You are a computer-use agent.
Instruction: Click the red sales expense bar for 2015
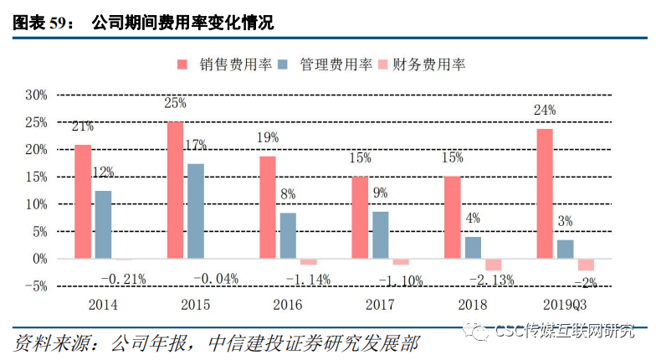coord(175,190)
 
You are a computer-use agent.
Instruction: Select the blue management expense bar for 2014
coord(104,224)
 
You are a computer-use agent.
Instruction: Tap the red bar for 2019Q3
coord(545,193)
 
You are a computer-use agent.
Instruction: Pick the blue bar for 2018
coord(474,248)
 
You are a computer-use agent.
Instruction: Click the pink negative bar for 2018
coord(494,265)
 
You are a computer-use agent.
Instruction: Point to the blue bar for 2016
coord(288,236)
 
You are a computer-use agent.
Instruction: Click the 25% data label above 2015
coord(175,103)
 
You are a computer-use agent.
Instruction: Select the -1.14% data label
coord(308,280)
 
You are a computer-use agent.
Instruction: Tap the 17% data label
coord(196,145)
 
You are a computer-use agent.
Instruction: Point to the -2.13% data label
coord(492,280)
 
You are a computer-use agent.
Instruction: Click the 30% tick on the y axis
coord(37,95)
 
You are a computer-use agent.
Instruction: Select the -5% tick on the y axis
coord(37,286)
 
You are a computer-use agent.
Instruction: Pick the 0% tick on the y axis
coord(40,259)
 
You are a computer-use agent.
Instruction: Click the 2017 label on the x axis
coord(380,305)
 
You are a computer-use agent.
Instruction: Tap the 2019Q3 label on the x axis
coord(565,305)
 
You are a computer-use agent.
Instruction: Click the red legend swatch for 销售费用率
coord(182,64)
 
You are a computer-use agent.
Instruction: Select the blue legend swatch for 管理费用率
coord(283,64)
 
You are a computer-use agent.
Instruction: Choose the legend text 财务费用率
coord(428,64)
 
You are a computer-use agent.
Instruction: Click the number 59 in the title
coord(58,23)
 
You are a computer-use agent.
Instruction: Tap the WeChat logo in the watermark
coord(476,331)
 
